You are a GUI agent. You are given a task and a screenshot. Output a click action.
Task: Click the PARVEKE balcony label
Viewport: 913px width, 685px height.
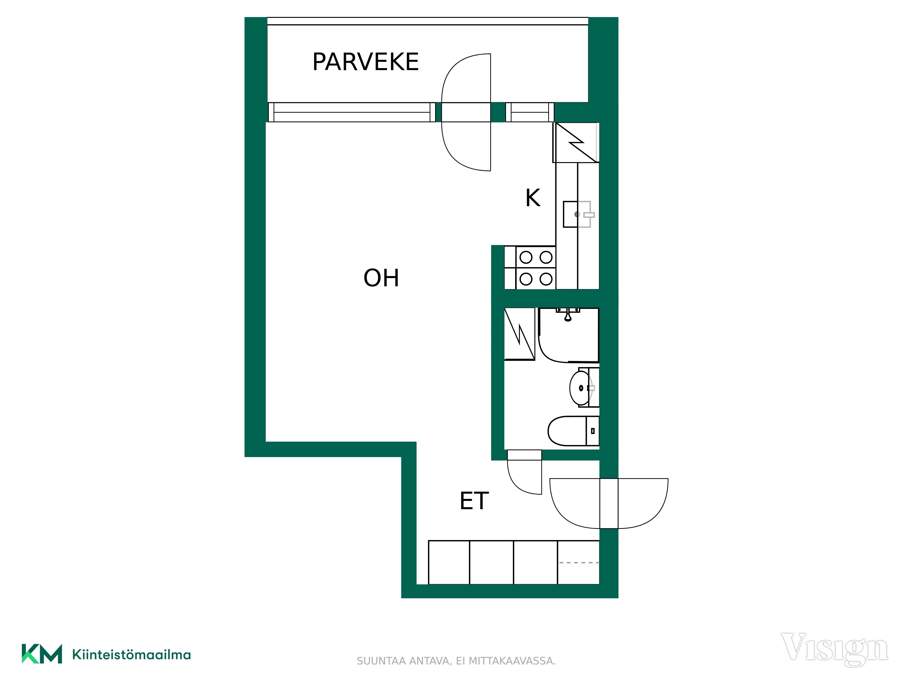tap(366, 62)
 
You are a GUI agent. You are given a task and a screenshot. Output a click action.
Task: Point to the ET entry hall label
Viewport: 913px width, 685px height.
tap(474, 501)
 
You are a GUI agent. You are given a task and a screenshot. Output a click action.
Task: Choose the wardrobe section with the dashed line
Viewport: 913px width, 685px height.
tap(578, 562)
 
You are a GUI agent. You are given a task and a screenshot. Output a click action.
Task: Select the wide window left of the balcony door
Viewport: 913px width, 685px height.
tap(352, 112)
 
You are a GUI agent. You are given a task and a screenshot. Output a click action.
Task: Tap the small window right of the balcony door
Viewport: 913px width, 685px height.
tap(530, 112)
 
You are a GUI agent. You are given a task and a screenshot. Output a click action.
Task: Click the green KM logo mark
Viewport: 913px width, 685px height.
tap(42, 654)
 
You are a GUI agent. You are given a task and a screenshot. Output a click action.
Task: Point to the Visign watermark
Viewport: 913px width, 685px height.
tap(834, 649)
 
